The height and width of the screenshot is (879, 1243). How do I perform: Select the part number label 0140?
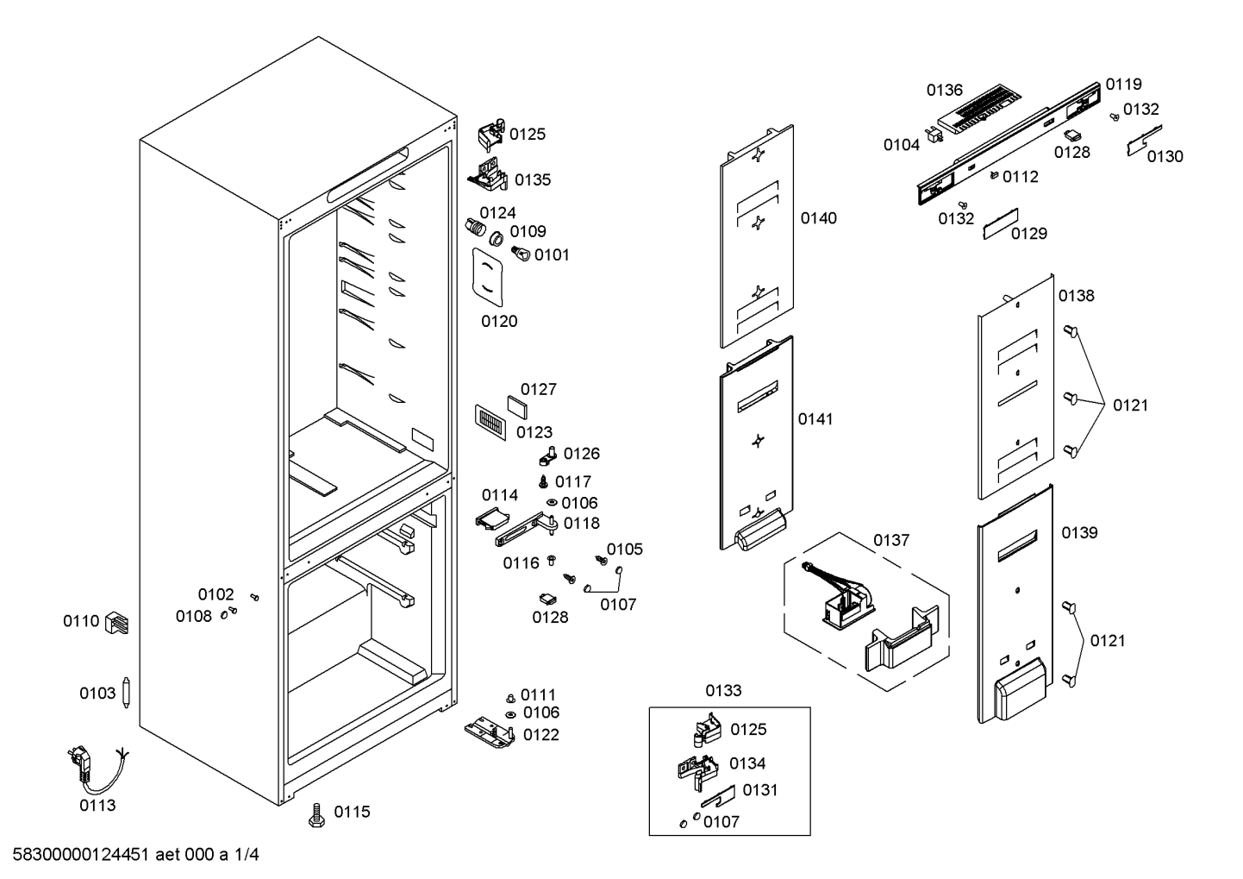point(818,218)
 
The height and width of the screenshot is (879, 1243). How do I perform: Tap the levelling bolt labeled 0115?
point(316,815)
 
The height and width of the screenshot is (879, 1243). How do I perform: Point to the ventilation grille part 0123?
point(490,422)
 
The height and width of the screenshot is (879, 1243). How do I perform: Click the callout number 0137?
point(891,540)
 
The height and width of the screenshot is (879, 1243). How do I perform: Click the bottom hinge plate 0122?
point(490,733)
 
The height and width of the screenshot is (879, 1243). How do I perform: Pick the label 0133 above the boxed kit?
point(723,690)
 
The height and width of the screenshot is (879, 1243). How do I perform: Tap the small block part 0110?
point(116,623)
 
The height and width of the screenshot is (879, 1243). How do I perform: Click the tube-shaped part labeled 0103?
point(127,693)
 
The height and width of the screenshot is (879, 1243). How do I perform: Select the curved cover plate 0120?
point(487,277)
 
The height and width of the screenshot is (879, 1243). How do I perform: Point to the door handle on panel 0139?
point(1021,689)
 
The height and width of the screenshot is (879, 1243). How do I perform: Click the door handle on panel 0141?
point(760,530)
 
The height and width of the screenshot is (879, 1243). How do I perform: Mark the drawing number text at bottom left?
point(135,854)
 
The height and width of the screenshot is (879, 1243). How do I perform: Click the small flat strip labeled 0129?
point(1001,223)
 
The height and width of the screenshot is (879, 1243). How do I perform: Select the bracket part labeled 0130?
point(1144,140)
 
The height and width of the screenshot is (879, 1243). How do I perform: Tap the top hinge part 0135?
point(488,175)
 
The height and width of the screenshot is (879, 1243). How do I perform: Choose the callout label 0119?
point(1124,85)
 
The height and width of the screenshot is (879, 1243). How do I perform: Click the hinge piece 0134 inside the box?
point(698,770)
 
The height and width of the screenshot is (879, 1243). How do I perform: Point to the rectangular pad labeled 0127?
point(516,407)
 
